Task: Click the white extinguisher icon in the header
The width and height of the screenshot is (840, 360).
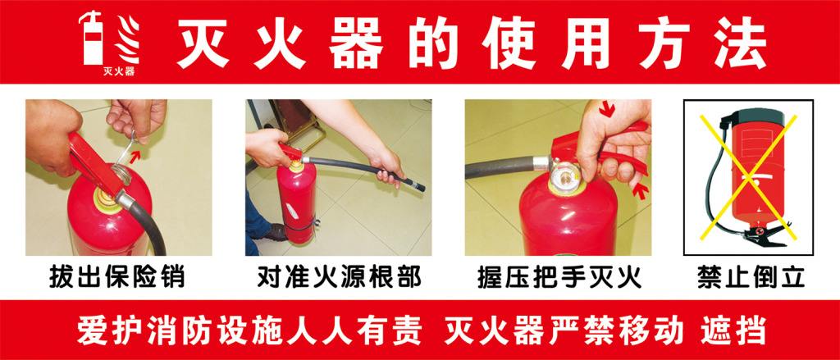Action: (91, 38)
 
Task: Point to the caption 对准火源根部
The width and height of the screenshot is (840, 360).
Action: (339, 277)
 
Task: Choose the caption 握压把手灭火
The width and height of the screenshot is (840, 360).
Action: (559, 278)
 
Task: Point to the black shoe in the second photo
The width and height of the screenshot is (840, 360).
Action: (276, 232)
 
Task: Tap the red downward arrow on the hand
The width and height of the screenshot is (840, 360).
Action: (606, 108)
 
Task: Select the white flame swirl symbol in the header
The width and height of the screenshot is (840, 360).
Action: (129, 39)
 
